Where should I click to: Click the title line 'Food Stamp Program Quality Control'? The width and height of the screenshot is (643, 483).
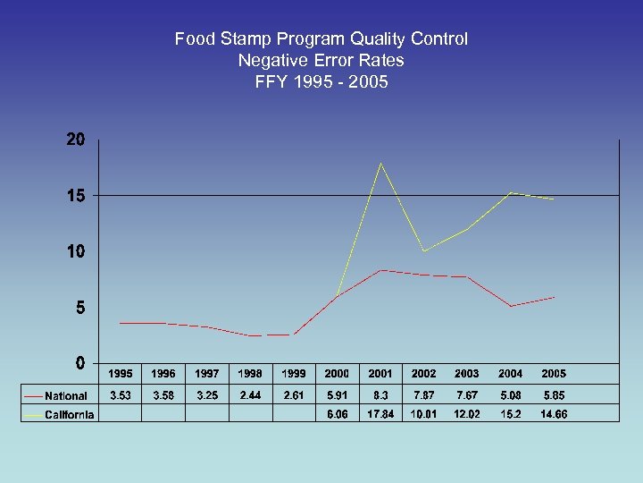coord(321,39)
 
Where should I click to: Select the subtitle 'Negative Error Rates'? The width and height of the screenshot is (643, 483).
coord(321,61)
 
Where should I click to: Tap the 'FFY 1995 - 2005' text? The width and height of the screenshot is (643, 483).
coord(321,82)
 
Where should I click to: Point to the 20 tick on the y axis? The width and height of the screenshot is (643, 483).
coord(75,140)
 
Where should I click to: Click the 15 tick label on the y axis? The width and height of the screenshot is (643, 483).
coord(75,196)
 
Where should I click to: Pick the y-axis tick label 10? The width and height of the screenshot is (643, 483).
coord(75,251)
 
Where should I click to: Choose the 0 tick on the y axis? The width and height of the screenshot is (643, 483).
coord(80,363)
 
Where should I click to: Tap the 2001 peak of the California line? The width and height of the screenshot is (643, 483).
coord(380,163)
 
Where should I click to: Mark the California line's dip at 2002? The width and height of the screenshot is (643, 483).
coord(424,250)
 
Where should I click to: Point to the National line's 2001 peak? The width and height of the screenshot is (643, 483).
coord(380,270)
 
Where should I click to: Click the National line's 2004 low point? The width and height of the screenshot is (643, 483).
coord(511,306)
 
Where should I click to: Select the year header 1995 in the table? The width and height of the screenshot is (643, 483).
coord(120,374)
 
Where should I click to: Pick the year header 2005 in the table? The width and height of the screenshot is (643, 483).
coord(554,374)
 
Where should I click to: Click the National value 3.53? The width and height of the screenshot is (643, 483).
coord(120,395)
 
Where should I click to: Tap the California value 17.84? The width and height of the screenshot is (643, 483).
coord(380,413)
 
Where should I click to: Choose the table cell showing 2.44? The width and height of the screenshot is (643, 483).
coord(250,395)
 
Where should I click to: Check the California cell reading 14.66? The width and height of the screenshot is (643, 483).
coord(554,413)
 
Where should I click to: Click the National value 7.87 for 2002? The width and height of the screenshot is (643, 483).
coord(424,395)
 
